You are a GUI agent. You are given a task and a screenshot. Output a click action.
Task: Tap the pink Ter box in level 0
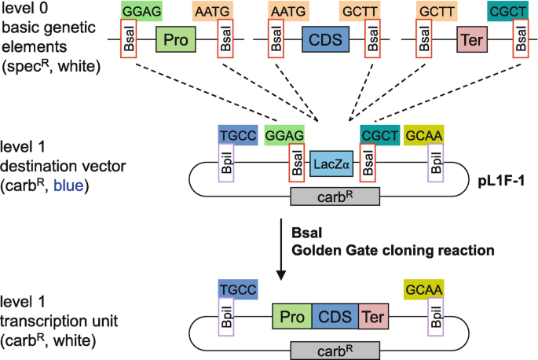(x=470, y=39)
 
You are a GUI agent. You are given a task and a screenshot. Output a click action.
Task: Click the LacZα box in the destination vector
(x=329, y=164)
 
